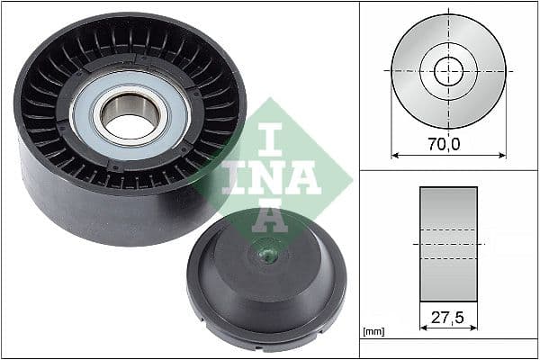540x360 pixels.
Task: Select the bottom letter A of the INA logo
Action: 270,216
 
